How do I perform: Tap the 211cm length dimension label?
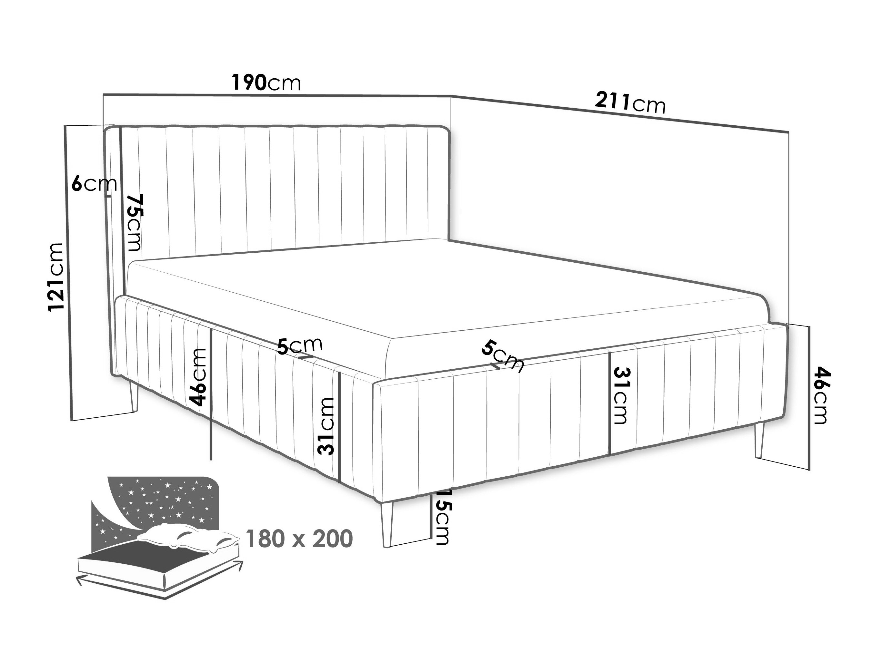pos(630,103)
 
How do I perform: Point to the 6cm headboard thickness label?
pos(94,184)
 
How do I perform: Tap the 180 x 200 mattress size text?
pos(299,539)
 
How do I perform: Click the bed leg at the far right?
pos(759,442)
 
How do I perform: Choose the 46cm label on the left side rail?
pos(199,376)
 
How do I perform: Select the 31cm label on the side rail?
pos(326,426)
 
